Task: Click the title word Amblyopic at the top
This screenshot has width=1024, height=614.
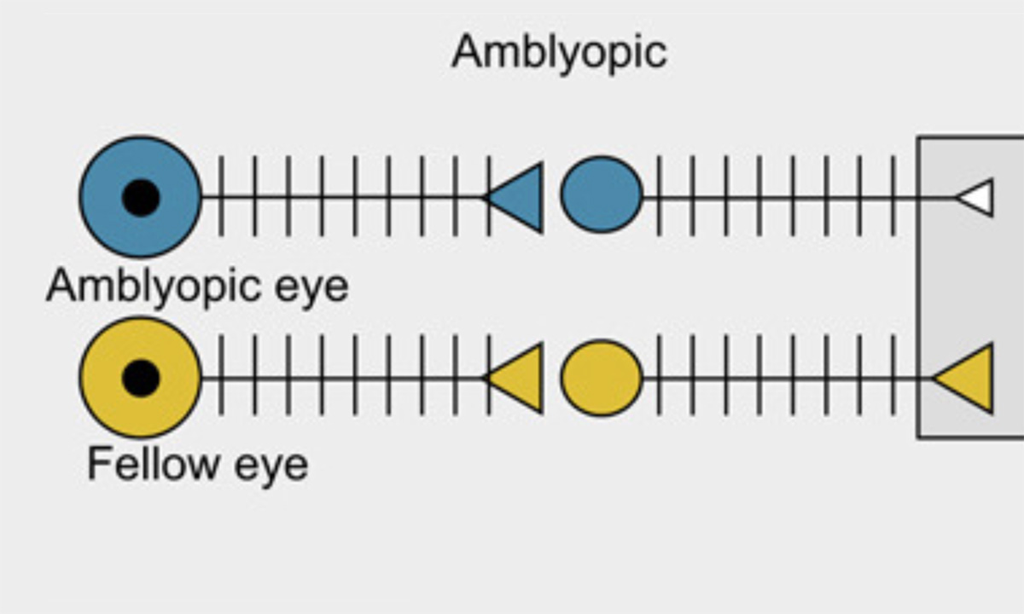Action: tap(559, 53)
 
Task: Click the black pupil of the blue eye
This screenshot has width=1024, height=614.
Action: tap(141, 197)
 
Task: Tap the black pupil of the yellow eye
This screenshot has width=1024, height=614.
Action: tap(141, 377)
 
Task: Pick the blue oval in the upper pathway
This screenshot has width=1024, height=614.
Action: tap(601, 194)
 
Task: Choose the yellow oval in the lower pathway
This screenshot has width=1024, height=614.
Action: tap(601, 378)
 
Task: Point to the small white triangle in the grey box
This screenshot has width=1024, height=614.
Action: tap(978, 198)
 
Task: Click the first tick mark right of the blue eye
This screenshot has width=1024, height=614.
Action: tap(221, 196)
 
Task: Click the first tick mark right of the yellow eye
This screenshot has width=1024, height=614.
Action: tap(221, 376)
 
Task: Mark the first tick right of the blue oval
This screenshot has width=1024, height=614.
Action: tap(659, 196)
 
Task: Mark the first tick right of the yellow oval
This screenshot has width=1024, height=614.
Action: tap(659, 376)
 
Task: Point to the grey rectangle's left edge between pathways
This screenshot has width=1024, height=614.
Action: tap(918, 287)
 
